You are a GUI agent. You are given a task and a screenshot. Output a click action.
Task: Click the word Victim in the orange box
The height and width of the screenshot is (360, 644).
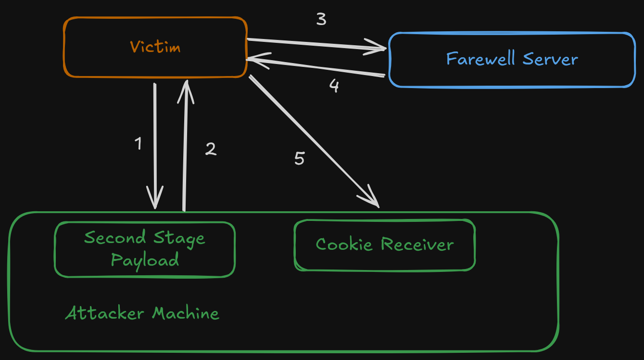coord(155,47)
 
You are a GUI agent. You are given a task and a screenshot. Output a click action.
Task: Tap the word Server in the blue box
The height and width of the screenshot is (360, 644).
coord(550,59)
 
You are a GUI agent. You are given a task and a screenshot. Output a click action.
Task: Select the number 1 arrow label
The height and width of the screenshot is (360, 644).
coord(139,143)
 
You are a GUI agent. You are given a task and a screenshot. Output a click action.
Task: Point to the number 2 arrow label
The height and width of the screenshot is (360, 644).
coord(211,149)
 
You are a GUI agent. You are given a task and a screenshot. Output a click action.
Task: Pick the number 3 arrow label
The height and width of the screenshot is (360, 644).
coord(321,19)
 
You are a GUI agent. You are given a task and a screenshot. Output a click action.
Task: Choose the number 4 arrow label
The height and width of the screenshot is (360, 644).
coord(334,86)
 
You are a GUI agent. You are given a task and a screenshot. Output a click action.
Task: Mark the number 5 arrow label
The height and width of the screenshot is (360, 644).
coord(299,158)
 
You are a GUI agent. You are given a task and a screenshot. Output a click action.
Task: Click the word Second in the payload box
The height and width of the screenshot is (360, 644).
coord(115,237)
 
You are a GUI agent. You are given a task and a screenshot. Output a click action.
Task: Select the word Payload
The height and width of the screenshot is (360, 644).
coord(145,260)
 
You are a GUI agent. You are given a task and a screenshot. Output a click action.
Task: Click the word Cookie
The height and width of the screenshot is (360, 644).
coord(344,244)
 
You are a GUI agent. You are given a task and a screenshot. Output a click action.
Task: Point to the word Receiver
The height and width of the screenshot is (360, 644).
coord(417,244)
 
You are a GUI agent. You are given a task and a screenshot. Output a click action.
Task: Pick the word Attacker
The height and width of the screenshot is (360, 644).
coord(104,313)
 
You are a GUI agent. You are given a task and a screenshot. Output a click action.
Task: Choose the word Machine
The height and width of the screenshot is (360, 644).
coord(186,313)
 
